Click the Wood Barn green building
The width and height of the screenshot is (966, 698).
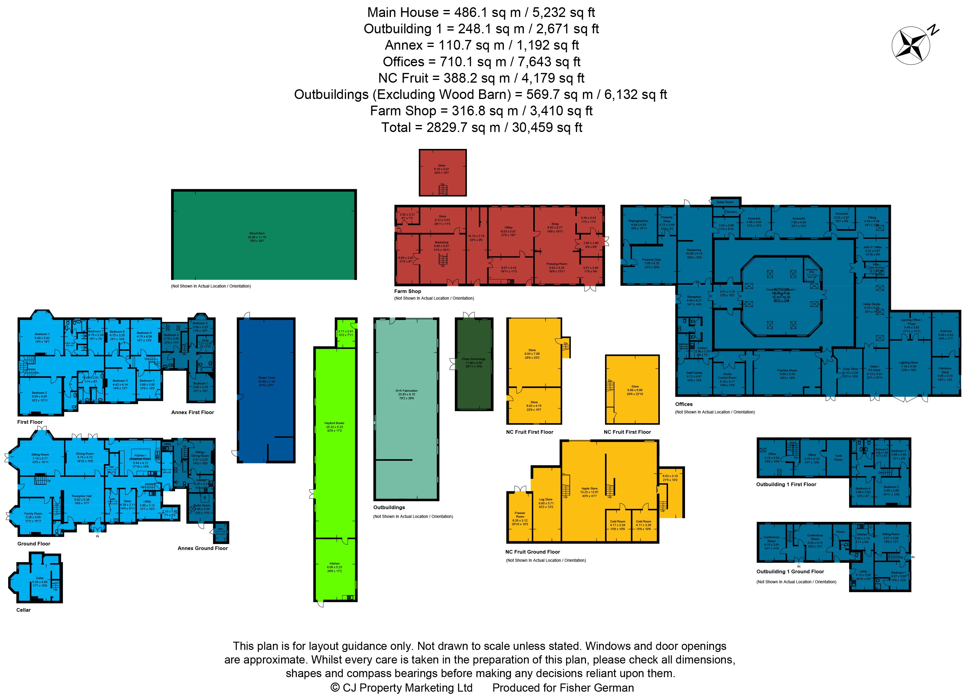264,235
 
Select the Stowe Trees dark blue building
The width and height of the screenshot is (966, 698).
266,390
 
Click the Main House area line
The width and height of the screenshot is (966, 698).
481,12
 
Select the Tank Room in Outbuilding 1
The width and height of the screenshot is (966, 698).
838,458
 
